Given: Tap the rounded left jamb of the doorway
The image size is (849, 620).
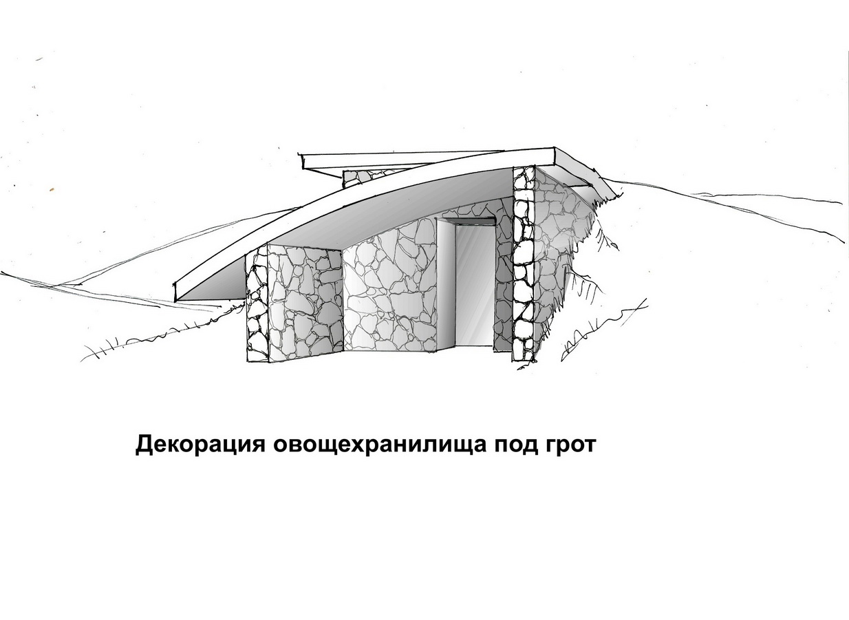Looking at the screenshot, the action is click(446, 284).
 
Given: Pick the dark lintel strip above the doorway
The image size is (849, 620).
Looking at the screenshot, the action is click(467, 221).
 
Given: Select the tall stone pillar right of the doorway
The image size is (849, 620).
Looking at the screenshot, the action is click(524, 264).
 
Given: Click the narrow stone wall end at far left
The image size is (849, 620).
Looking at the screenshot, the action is click(257, 307).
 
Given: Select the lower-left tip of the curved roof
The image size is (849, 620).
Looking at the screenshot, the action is click(175, 301).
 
